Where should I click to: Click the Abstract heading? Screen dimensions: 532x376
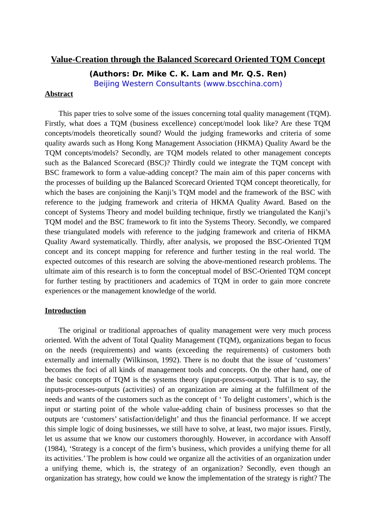59,94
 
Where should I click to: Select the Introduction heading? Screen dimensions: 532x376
65,311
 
